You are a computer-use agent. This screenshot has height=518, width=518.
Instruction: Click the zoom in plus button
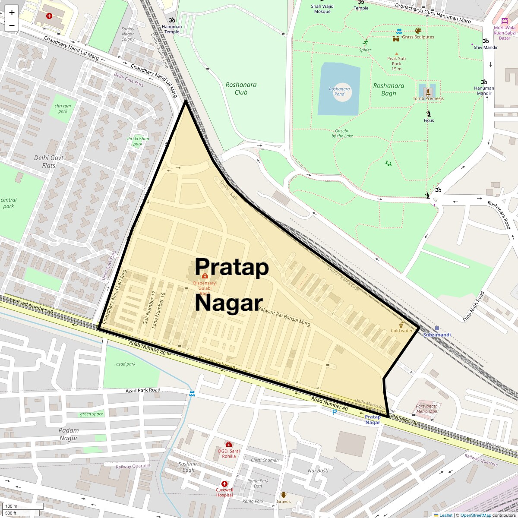[12, 13]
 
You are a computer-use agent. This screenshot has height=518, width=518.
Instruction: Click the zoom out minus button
[12, 25]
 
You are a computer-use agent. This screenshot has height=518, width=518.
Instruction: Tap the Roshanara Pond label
[339, 91]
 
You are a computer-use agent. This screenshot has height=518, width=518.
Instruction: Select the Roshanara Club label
[241, 88]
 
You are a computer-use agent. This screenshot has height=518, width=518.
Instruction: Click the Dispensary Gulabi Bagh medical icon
[205, 276]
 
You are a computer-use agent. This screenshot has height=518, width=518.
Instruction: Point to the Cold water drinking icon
[401, 324]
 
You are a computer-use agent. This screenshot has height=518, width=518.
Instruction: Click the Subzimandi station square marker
[437, 328]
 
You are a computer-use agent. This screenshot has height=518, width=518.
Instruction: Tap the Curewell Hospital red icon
[224, 484]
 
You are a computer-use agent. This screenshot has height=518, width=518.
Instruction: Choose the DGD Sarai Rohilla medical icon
[228, 444]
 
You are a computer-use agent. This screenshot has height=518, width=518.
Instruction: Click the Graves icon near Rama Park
[284, 495]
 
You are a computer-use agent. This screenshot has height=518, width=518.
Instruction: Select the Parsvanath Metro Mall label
[426, 408]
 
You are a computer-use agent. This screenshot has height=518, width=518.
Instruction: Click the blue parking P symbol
[334, 413]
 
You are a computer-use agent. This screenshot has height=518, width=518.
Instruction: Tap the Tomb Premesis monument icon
[428, 91]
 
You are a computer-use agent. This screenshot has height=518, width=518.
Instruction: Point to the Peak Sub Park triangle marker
[396, 54]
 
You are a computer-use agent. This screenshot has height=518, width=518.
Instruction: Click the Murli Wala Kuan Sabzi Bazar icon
[504, 21]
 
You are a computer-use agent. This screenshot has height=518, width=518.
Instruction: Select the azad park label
[126, 364]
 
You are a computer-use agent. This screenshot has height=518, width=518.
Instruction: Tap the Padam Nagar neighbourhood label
[69, 434]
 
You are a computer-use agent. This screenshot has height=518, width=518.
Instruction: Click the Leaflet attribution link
[446, 515]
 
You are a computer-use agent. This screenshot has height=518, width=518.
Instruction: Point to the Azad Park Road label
[143, 390]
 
